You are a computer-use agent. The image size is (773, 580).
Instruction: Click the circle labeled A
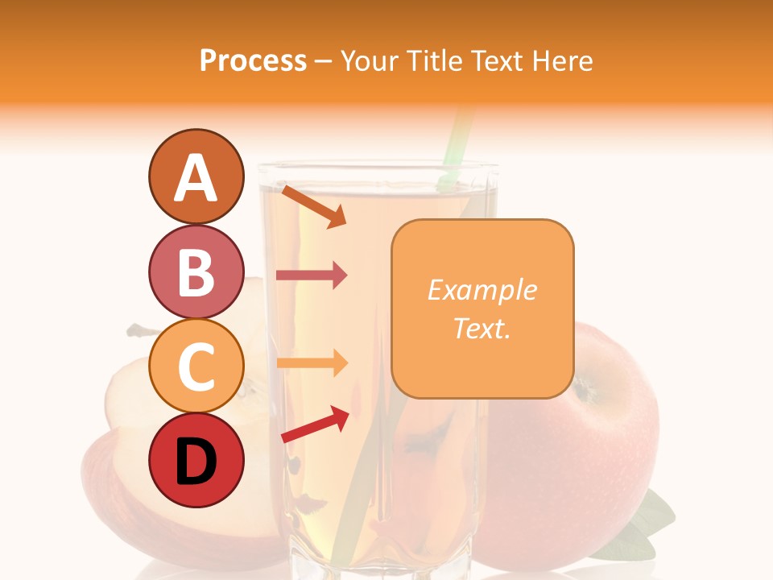pos(196,177)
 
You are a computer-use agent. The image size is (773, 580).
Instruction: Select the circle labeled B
pos(196,272)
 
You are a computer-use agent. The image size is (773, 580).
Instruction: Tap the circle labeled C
pos(196,367)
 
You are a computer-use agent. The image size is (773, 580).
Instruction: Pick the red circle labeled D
pos(196,461)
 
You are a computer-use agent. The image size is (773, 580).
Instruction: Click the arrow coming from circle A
pos(314,206)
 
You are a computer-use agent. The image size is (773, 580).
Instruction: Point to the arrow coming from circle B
pos(312,275)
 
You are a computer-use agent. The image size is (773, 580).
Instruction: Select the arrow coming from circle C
pos(312,363)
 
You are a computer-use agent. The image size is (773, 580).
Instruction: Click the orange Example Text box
pos(482,309)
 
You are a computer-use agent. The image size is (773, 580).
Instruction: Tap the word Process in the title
pos(253,60)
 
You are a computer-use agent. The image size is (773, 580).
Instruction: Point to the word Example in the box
pos(482,290)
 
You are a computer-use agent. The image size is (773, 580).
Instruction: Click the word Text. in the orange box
pos(482,328)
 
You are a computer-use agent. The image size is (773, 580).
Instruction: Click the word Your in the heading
pos(370,60)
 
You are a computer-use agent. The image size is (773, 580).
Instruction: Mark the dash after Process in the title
pos(324,61)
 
